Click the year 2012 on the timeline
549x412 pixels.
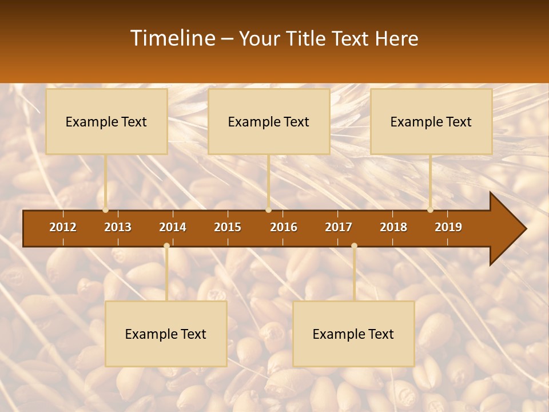(63, 227)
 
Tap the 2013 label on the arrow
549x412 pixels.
(118, 227)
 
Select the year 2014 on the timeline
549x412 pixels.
(173, 227)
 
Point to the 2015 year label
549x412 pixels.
(228, 227)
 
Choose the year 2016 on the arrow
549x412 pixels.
(284, 227)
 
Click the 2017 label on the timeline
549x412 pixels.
(339, 227)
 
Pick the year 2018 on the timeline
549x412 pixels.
(393, 227)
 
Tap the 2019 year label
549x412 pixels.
(448, 227)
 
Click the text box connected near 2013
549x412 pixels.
(106, 122)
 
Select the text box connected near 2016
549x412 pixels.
(269, 122)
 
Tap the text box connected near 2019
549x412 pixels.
(431, 122)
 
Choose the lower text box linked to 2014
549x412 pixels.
(166, 334)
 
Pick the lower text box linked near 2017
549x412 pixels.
(353, 334)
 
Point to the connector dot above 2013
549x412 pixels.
(106, 210)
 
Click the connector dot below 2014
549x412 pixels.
(166, 246)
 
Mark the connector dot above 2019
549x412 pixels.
(431, 210)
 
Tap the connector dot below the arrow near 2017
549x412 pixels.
(354, 246)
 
